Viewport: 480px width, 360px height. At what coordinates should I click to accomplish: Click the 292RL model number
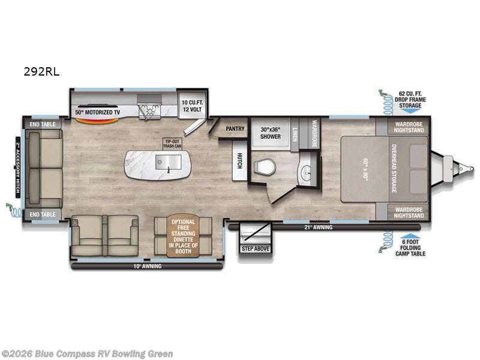(42, 71)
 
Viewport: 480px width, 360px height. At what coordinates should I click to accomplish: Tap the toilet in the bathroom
(262, 166)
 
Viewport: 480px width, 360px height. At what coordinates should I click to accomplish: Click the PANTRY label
(233, 128)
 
